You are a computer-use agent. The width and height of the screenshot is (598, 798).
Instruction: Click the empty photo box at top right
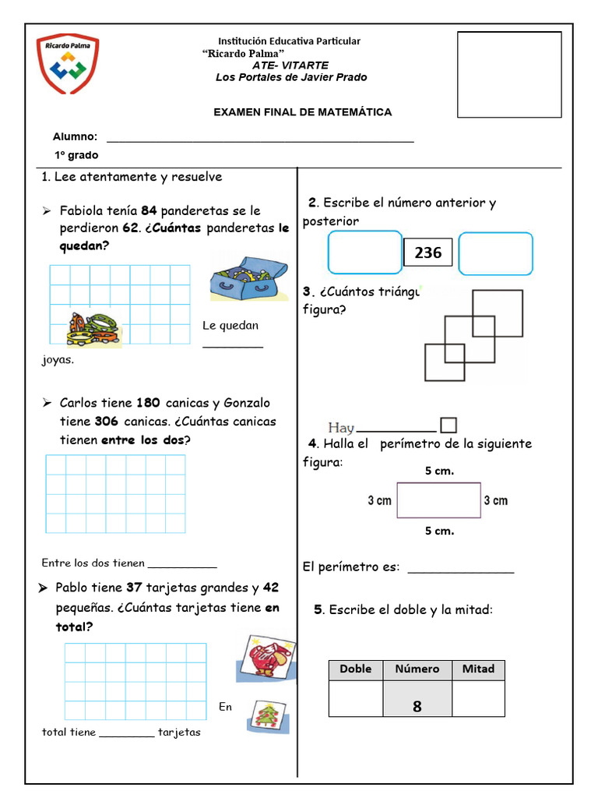(x=508, y=74)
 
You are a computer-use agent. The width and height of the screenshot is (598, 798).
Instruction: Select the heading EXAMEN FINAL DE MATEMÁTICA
(x=303, y=112)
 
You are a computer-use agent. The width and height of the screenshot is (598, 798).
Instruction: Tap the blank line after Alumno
(x=259, y=140)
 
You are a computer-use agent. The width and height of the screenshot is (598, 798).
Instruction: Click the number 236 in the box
(x=427, y=252)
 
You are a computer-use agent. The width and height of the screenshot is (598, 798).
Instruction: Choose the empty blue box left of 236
(x=364, y=253)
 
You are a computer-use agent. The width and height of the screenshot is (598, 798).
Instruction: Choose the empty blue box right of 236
(x=496, y=253)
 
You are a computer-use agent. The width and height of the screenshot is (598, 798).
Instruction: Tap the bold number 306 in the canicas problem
(x=106, y=422)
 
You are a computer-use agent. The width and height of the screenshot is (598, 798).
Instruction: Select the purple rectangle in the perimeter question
(x=439, y=500)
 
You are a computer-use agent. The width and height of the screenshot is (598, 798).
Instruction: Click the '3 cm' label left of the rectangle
(x=379, y=500)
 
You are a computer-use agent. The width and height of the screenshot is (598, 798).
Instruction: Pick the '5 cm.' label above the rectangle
(x=439, y=471)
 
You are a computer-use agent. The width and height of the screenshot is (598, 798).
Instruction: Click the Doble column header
(x=356, y=669)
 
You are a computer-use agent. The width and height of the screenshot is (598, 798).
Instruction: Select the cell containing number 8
(x=417, y=699)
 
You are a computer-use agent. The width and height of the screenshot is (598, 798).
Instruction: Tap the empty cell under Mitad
(x=478, y=699)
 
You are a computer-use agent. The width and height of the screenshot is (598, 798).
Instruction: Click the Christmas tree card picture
(x=268, y=715)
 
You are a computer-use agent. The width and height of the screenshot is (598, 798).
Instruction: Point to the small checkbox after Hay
(x=448, y=425)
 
